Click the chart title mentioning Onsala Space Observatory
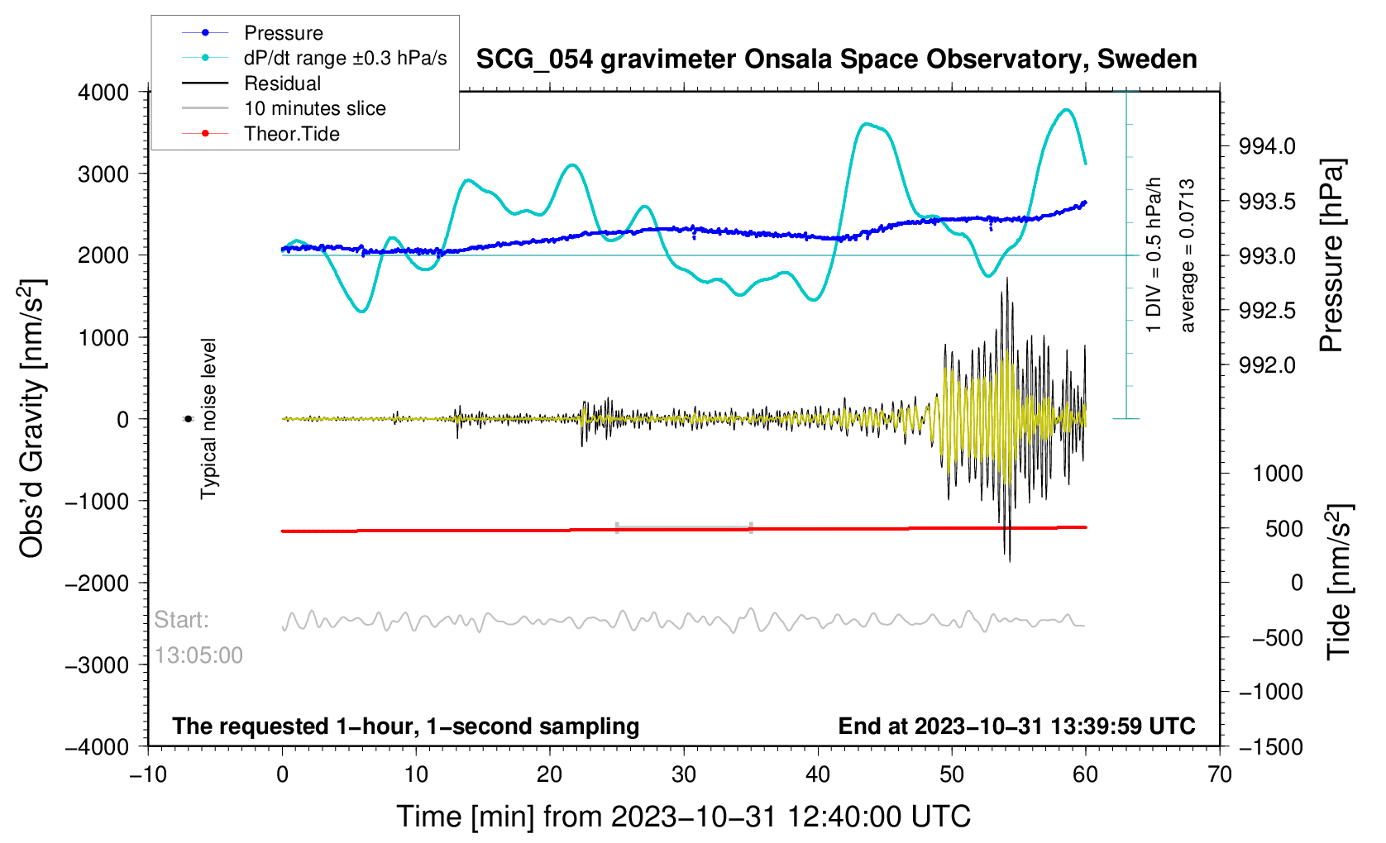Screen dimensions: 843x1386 pyautogui.click(x=836, y=60)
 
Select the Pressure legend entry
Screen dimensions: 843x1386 pyautogui.click(x=283, y=33)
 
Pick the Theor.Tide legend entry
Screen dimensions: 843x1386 pyautogui.click(x=291, y=134)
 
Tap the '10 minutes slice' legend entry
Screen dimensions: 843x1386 pyautogui.click(x=314, y=108)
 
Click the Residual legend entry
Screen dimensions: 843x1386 pyautogui.click(x=282, y=83)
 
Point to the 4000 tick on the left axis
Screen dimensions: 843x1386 pyautogui.click(x=103, y=92)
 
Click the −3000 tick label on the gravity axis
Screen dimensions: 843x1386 pyautogui.click(x=97, y=665)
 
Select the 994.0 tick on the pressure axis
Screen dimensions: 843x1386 pyautogui.click(x=1266, y=146)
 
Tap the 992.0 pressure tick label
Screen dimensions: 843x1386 pyautogui.click(x=1266, y=365)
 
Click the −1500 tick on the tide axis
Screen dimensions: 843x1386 pyautogui.click(x=1270, y=746)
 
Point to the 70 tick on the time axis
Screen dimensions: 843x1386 pyautogui.click(x=1220, y=774)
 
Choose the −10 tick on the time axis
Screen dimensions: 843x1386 pyautogui.click(x=148, y=774)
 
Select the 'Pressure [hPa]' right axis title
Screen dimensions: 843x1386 pyautogui.click(x=1332, y=255)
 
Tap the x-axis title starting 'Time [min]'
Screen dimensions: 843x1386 pyautogui.click(x=683, y=817)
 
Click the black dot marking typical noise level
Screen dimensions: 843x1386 pyautogui.click(x=188, y=419)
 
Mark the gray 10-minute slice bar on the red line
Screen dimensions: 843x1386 pyautogui.click(x=684, y=527)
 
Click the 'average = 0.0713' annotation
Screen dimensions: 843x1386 pyautogui.click(x=1188, y=255)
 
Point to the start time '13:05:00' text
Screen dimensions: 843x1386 pyautogui.click(x=198, y=655)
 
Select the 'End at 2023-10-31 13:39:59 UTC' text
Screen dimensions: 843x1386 pyautogui.click(x=1016, y=726)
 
